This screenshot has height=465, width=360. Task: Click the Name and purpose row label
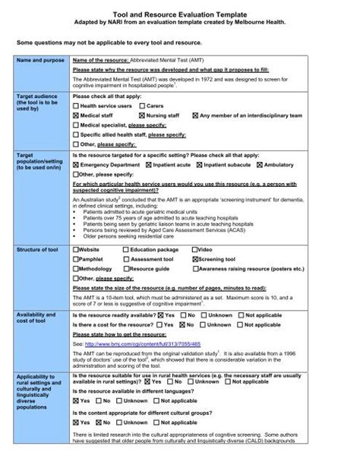[x=39, y=59]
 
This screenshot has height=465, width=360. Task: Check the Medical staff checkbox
[x=76, y=115]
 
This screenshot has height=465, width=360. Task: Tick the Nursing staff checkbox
[x=140, y=115]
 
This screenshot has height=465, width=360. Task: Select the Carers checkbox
[x=140, y=106]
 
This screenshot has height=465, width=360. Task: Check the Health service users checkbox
[x=76, y=106]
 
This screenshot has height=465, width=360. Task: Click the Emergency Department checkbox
[x=76, y=163]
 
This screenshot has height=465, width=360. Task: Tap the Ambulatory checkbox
[x=260, y=163]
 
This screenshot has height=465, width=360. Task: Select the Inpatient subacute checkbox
[x=197, y=163]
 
